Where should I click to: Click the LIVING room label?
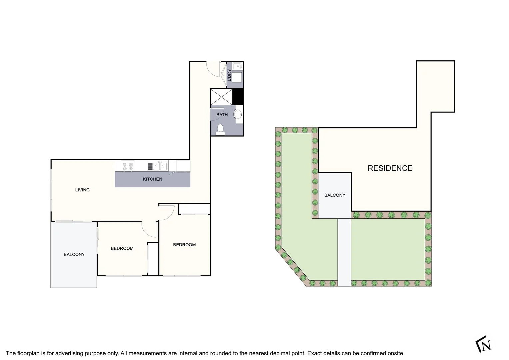coord(82,190)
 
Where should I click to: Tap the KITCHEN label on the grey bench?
coord(152,179)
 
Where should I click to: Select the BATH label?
coord(222,115)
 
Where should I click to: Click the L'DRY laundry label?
coord(229,75)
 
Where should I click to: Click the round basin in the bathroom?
coord(238,114)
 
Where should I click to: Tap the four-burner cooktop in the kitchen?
coord(127,166)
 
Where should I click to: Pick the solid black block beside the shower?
coord(238,97)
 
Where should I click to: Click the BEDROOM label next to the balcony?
coord(122,248)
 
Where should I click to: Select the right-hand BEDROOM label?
coord(184,245)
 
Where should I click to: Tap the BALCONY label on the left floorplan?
coord(74,254)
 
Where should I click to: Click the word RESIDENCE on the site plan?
coord(390,168)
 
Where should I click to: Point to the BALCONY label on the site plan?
coord(335,195)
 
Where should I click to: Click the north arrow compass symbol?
coord(483,344)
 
